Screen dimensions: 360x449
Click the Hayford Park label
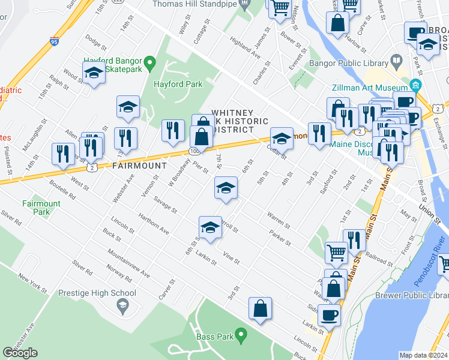click(178, 85)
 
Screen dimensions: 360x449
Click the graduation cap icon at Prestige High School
click(123, 306)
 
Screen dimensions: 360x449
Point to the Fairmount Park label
click(41, 208)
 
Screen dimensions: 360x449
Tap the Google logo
click(20, 353)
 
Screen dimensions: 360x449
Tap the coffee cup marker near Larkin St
click(329, 314)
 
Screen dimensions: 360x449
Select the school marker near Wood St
click(93, 73)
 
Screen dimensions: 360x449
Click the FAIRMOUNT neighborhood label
click(139, 165)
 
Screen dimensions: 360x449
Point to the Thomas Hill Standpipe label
click(194, 4)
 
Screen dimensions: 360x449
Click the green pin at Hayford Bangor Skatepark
click(151, 61)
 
